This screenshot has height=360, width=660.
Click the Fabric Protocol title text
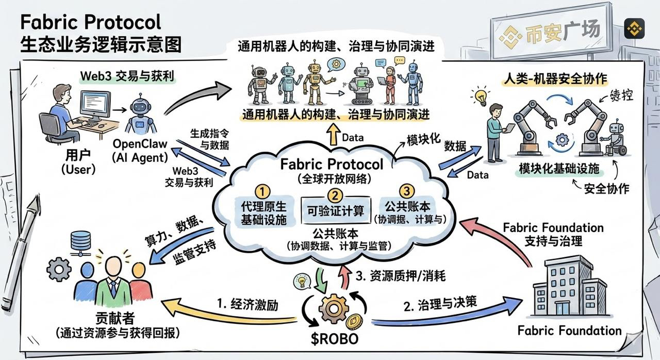91,22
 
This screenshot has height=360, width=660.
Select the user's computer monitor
95,105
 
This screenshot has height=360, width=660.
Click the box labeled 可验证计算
335,210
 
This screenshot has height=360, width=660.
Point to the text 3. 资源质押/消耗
400,276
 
